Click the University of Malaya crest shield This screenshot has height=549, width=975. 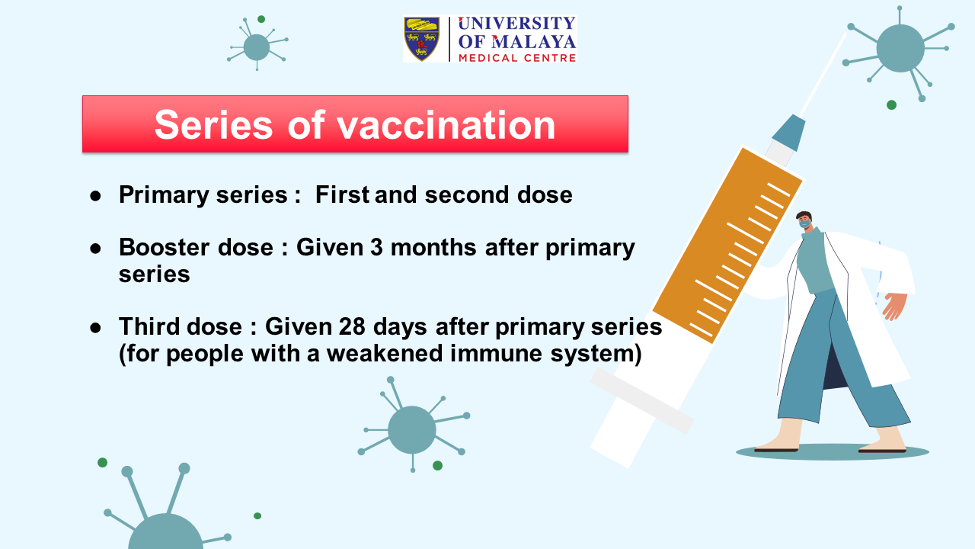(x=422, y=39)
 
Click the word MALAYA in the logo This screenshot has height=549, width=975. (x=534, y=42)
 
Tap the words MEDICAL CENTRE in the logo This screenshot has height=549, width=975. (x=517, y=58)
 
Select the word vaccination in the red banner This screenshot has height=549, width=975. (x=446, y=125)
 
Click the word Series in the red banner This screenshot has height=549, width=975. (x=214, y=125)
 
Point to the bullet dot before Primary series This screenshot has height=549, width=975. (x=95, y=196)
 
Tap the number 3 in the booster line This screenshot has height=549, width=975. (x=376, y=248)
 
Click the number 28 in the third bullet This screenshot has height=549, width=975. (x=352, y=327)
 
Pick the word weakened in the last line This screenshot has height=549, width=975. (x=385, y=353)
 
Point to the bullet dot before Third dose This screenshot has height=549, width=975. (x=95, y=328)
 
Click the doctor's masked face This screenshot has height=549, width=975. (x=804, y=220)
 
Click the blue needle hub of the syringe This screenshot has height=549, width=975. (x=788, y=133)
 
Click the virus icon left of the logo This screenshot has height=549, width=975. (x=257, y=45)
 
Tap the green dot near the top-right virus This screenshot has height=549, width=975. (x=891, y=105)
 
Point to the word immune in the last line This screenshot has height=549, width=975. (x=496, y=353)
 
